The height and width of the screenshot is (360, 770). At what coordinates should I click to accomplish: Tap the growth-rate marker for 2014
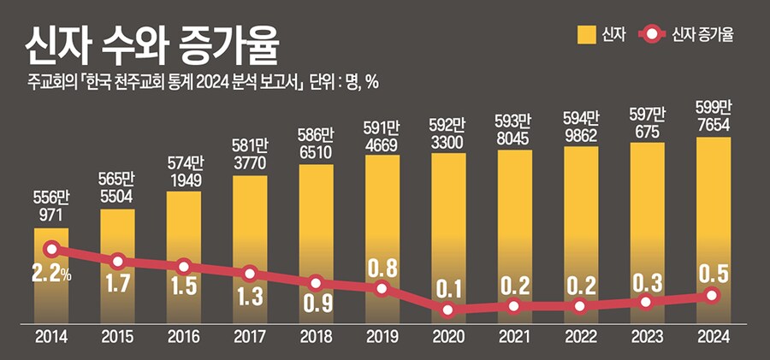[x=51, y=250]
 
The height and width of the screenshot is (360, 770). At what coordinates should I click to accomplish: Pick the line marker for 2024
[x=713, y=295]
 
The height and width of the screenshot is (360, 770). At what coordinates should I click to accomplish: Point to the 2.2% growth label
[x=53, y=276]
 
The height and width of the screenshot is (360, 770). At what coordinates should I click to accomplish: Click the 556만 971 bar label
[x=51, y=206]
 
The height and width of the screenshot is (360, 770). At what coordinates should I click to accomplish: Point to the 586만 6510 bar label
[x=316, y=144]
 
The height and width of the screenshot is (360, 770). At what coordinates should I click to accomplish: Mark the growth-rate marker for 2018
[x=316, y=282]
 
